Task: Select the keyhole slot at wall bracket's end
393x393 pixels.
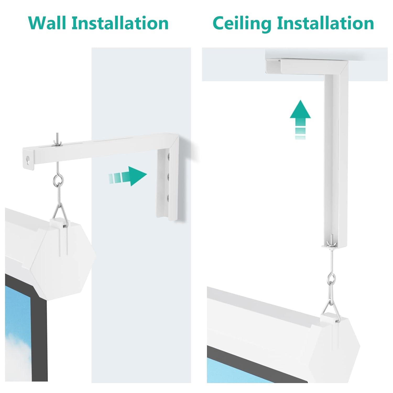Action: [x=28, y=160]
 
